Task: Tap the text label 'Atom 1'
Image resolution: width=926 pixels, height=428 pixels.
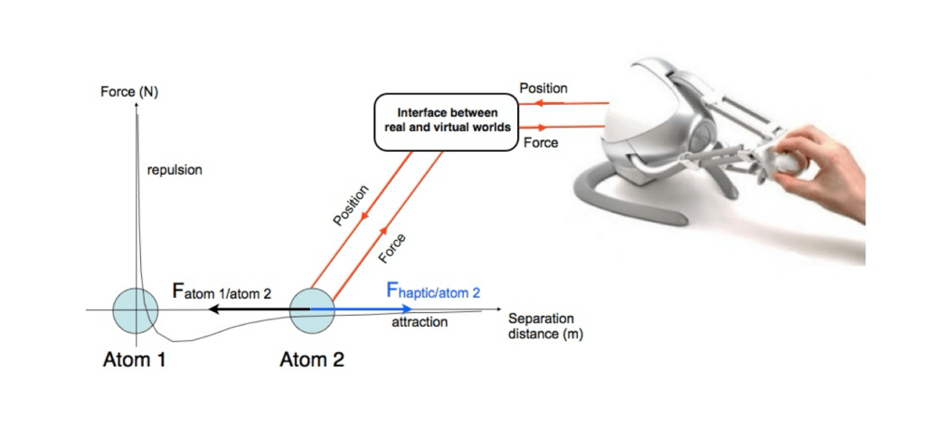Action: [x=133, y=359]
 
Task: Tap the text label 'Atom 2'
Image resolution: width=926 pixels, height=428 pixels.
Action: [x=312, y=359]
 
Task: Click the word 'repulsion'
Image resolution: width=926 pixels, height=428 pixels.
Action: [x=174, y=169]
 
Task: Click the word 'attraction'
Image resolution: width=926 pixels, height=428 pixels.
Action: [x=420, y=321]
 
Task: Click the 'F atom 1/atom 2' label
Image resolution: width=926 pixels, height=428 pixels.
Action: [x=222, y=291]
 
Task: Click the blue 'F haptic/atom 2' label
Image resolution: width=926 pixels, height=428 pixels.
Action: [x=433, y=291]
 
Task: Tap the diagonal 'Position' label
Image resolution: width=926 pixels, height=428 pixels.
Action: [x=351, y=206]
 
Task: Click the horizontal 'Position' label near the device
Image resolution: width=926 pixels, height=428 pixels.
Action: [x=543, y=89]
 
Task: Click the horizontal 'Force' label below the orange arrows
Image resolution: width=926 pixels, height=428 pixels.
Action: [x=540, y=142]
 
